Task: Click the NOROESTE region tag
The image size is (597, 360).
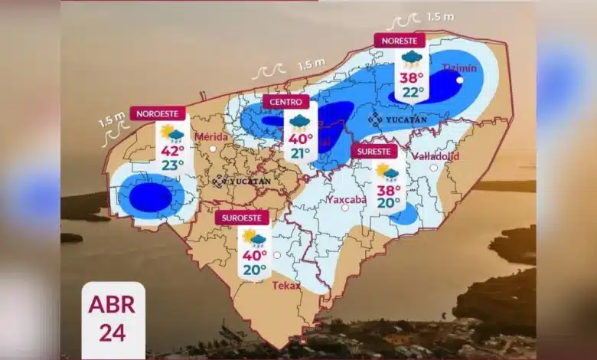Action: (158, 113)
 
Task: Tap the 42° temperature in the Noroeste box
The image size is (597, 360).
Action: (172, 151)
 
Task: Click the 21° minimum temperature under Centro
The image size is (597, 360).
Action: (299, 153)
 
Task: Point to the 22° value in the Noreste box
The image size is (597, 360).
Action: (413, 92)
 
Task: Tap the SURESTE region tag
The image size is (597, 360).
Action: (374, 152)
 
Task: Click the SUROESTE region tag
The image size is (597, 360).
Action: (242, 218)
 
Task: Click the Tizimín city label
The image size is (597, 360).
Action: (459, 68)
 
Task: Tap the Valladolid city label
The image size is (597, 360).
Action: (435, 156)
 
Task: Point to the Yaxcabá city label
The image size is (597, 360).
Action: (346, 199)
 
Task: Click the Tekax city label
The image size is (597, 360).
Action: (286, 286)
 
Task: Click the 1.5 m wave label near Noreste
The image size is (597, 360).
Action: (439, 17)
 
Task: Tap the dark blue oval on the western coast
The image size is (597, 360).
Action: (151, 198)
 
